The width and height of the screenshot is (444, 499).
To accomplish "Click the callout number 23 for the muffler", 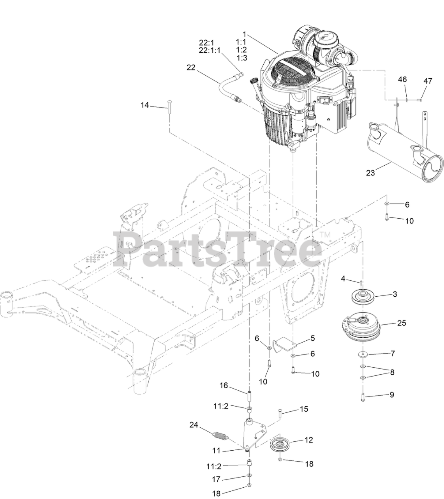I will [x=370, y=173].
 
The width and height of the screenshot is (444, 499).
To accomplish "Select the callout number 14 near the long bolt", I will [x=144, y=105].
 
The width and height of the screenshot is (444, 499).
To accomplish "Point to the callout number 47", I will [x=428, y=81].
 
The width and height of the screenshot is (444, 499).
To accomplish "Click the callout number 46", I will [x=402, y=80].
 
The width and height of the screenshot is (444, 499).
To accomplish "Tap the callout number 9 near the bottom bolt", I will [x=392, y=395].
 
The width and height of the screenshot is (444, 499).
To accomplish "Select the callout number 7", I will [x=393, y=354].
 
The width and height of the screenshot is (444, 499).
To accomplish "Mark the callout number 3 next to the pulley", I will [x=395, y=294].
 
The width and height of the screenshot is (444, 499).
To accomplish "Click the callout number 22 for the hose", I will [x=191, y=67].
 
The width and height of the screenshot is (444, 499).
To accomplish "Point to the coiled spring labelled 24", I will [x=220, y=435].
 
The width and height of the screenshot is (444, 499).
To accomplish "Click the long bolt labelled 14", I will [x=170, y=107].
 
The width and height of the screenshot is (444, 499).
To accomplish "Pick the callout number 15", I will [x=304, y=409].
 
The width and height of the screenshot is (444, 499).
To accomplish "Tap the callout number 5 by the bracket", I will [x=312, y=338].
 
